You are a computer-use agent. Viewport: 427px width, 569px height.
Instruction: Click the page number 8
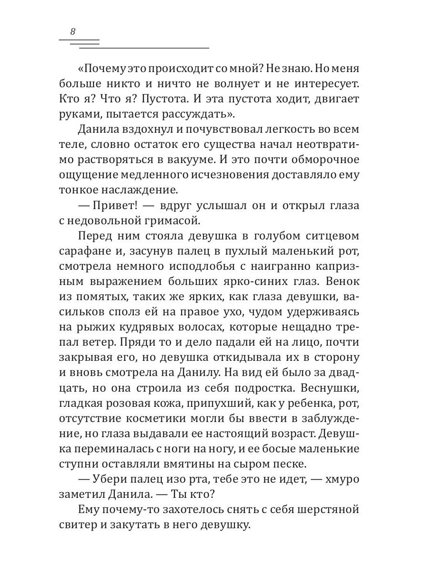click(73, 32)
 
